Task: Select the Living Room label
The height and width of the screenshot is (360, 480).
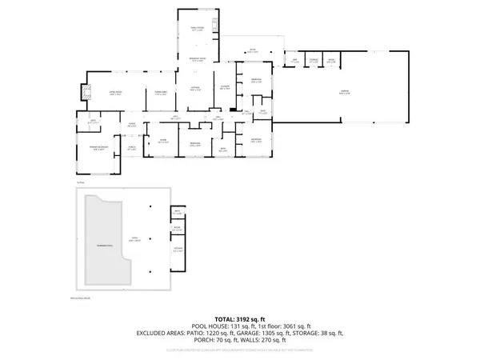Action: [x=103, y=94]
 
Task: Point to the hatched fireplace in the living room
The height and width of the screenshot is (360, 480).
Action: [x=82, y=93]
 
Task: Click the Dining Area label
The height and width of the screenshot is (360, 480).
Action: [x=160, y=94]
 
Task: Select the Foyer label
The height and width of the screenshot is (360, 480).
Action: [x=132, y=124]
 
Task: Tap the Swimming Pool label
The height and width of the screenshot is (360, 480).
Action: [x=104, y=243]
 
